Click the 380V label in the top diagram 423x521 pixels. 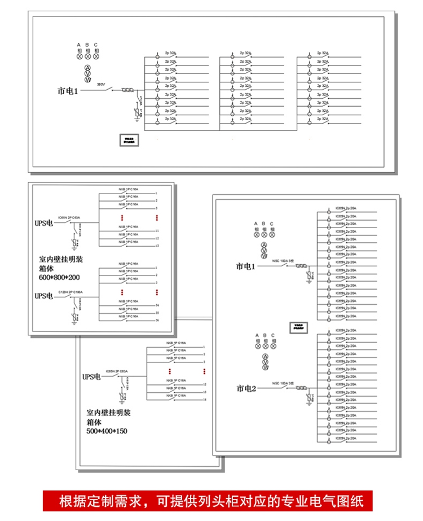coord(102,84)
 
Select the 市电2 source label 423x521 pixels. coord(246,388)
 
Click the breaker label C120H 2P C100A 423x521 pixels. coord(70,292)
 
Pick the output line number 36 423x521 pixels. coord(157,320)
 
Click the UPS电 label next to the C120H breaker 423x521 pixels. coord(44,296)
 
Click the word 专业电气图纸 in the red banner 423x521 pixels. coord(322,501)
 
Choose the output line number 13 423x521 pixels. coord(157,246)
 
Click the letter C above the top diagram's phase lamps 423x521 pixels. coord(96,45)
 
